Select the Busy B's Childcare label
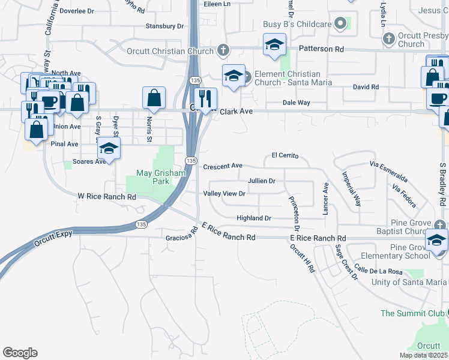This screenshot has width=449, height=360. point(297,24)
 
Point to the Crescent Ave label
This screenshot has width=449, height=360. point(222,166)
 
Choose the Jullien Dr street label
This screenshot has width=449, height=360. point(261,181)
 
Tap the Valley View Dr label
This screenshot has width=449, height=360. point(224,193)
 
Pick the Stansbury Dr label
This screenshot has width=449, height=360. point(164,26)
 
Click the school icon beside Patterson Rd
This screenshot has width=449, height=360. point(274,44)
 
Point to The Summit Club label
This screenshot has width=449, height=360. point(412,313)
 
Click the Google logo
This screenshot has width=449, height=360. point(20,353)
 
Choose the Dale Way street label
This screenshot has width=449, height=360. point(296,103)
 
